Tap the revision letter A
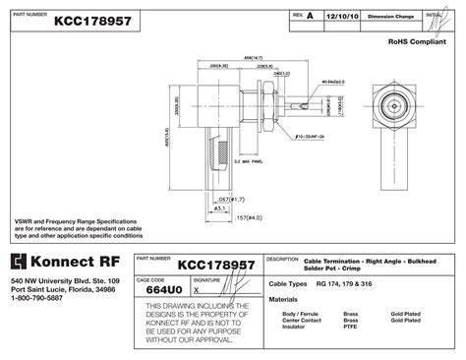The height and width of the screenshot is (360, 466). click(x=311, y=18)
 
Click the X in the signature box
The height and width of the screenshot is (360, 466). click(x=196, y=291)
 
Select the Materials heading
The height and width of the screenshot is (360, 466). click(x=284, y=298)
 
